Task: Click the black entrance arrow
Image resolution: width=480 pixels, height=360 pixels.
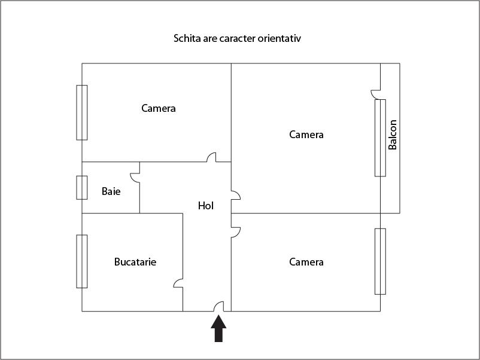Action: pyautogui.click(x=218, y=328)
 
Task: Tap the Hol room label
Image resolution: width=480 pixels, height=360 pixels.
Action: pyautogui.click(x=206, y=206)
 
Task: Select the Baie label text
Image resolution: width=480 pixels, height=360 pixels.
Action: pyautogui.click(x=111, y=191)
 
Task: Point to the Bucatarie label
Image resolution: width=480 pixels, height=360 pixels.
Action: pyautogui.click(x=135, y=262)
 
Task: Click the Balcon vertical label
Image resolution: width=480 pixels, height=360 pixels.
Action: pyautogui.click(x=392, y=135)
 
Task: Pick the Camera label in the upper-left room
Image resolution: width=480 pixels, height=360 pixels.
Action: pyautogui.click(x=158, y=108)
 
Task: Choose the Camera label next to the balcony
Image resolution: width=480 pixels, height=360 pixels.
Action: pyautogui.click(x=306, y=135)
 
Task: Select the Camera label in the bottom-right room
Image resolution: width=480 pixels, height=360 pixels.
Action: pyautogui.click(x=306, y=262)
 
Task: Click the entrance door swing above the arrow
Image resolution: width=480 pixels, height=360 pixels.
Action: pyautogui.click(x=218, y=306)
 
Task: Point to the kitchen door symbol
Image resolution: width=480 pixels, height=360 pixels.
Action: pyautogui.click(x=178, y=283)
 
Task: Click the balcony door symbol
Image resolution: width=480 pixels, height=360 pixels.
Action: pyautogui.click(x=376, y=94)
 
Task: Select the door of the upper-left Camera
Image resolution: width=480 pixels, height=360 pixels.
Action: pyautogui.click(x=211, y=157)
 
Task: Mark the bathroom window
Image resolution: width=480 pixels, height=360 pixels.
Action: pyautogui.click(x=82, y=188)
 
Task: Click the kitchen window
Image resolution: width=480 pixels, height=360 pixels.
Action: pyautogui.click(x=82, y=261)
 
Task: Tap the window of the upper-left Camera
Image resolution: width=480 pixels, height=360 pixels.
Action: pyautogui.click(x=82, y=112)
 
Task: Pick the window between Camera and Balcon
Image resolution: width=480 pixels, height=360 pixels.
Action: pyautogui.click(x=380, y=138)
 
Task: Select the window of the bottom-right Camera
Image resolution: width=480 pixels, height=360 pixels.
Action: pyautogui.click(x=380, y=261)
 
